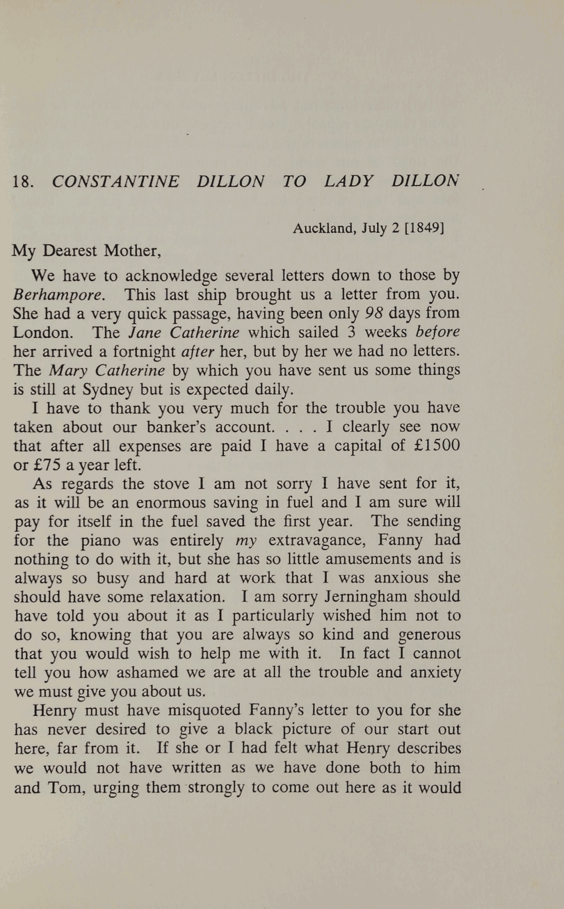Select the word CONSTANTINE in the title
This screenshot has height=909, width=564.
coord(115,181)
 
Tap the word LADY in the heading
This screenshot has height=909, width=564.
coord(349,181)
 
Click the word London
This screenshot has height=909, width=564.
coord(43,333)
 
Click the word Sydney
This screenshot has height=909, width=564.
coord(107,389)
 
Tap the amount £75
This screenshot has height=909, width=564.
coord(47,465)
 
